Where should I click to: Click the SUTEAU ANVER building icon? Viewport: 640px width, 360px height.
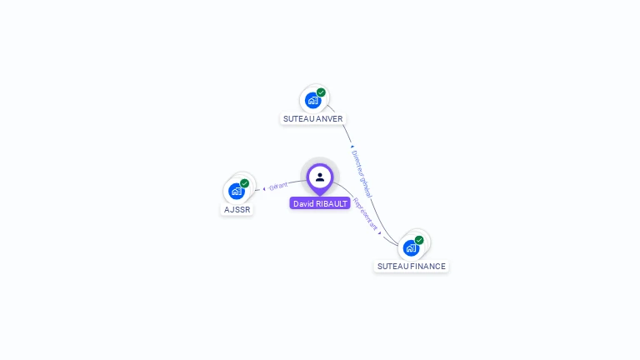[x=312, y=101]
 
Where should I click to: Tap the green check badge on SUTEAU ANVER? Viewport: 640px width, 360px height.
[x=321, y=92]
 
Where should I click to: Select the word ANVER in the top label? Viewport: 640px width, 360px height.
[x=329, y=119]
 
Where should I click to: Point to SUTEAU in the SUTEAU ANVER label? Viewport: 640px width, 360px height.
[x=298, y=119]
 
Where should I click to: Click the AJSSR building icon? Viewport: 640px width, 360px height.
[x=237, y=191]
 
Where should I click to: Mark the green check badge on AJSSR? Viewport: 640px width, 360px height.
[x=244, y=183]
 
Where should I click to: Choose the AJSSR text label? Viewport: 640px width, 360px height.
[x=237, y=210]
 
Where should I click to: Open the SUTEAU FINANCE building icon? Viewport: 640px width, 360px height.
[x=411, y=247]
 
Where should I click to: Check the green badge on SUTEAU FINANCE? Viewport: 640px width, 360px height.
[x=419, y=240]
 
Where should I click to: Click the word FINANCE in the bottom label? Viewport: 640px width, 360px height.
[x=428, y=267]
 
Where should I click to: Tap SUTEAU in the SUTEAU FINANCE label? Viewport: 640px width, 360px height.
[x=392, y=267]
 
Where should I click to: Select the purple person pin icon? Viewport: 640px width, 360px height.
[x=320, y=177]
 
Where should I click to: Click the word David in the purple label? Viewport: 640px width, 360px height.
[x=302, y=203]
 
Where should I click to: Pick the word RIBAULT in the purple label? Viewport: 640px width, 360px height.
[x=331, y=203]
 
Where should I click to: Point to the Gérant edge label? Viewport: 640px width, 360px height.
[x=278, y=186]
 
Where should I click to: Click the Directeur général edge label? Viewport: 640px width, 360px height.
[x=361, y=172]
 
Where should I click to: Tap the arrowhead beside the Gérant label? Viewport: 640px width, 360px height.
[x=264, y=188]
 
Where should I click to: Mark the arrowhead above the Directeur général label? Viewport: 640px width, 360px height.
[x=352, y=147]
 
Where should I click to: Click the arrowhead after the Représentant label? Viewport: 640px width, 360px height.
[x=380, y=233]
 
